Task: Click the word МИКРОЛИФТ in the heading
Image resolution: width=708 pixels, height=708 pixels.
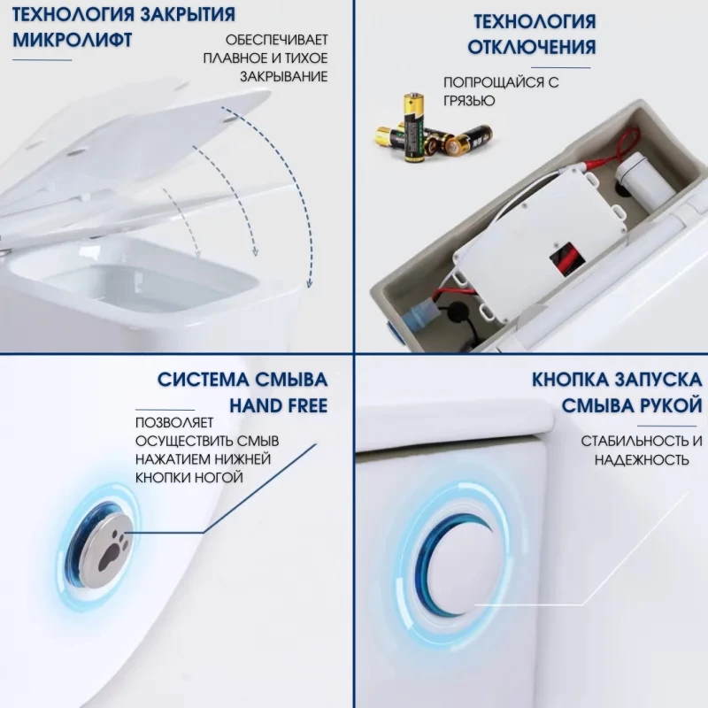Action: click(x=73, y=40)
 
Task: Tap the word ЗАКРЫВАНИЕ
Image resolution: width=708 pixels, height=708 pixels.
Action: click(x=283, y=77)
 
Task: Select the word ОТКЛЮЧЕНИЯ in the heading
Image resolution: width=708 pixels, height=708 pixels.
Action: click(x=532, y=47)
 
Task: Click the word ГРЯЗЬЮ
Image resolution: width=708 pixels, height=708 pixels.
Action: click(x=469, y=101)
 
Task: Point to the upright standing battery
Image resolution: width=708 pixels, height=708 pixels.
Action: click(x=413, y=127)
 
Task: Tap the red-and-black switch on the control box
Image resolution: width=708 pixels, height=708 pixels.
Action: click(x=567, y=258)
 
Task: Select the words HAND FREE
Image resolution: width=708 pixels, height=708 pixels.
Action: click(x=279, y=405)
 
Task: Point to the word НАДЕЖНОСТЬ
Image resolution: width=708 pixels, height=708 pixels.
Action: click(x=642, y=460)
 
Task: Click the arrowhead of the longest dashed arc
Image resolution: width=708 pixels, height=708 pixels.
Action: click(x=309, y=283)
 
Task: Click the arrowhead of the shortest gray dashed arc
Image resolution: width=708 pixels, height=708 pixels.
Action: click(x=197, y=254)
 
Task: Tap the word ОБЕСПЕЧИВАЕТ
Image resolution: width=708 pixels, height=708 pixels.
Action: click(x=276, y=40)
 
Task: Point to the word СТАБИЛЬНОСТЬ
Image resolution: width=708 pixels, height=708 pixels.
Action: click(x=635, y=441)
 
